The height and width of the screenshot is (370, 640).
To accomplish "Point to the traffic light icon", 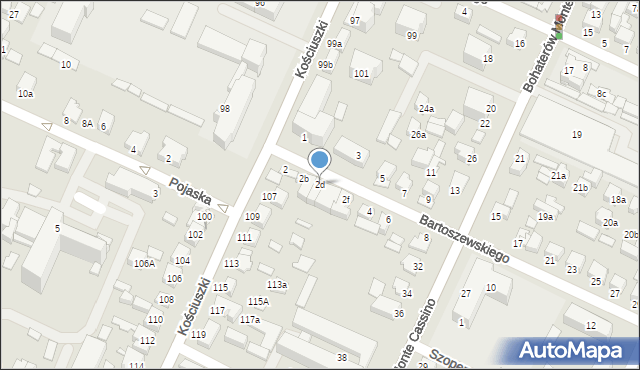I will (558, 30).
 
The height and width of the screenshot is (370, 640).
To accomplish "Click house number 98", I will (225, 109).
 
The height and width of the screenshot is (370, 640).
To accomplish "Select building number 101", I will (361, 74).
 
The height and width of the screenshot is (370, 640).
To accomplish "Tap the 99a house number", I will (334, 44).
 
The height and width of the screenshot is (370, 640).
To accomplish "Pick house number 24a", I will (426, 108).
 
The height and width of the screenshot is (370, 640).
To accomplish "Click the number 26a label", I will (418, 134).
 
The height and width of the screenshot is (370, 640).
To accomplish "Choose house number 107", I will (269, 196).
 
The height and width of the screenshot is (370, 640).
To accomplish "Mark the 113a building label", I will (277, 285).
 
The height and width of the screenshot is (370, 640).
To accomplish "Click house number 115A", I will (258, 301).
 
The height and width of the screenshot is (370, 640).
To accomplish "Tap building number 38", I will (341, 358).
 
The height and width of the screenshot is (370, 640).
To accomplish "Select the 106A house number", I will (144, 264).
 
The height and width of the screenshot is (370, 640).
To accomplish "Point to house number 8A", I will (88, 124).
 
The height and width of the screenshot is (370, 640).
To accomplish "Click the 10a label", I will (25, 93).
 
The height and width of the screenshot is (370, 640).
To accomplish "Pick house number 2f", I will (346, 199).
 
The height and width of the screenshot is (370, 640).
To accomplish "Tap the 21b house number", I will (580, 187).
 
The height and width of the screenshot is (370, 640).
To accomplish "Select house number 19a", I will (545, 216).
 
